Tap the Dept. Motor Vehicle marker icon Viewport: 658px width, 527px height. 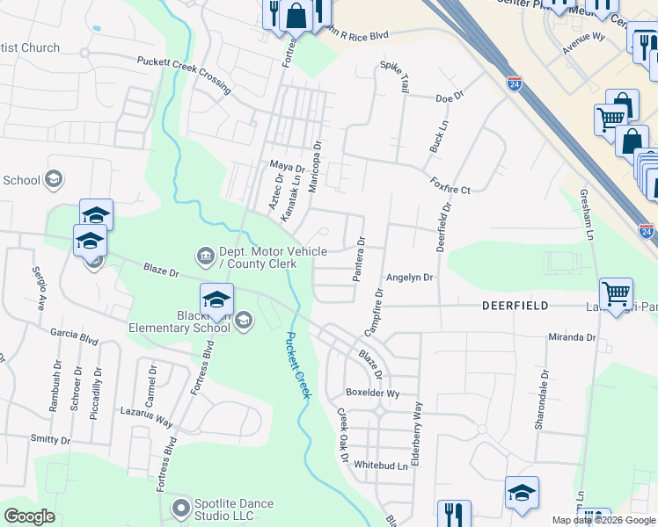point(205,256)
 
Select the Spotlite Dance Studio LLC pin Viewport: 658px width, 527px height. point(181,508)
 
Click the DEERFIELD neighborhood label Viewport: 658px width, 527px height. point(515,306)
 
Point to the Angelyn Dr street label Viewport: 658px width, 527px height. point(410,278)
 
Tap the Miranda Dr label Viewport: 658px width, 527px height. point(573,337)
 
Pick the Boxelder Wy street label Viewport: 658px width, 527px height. point(373,393)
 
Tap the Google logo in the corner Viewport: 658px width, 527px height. point(29,516)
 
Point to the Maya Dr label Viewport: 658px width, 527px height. point(287,166)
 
